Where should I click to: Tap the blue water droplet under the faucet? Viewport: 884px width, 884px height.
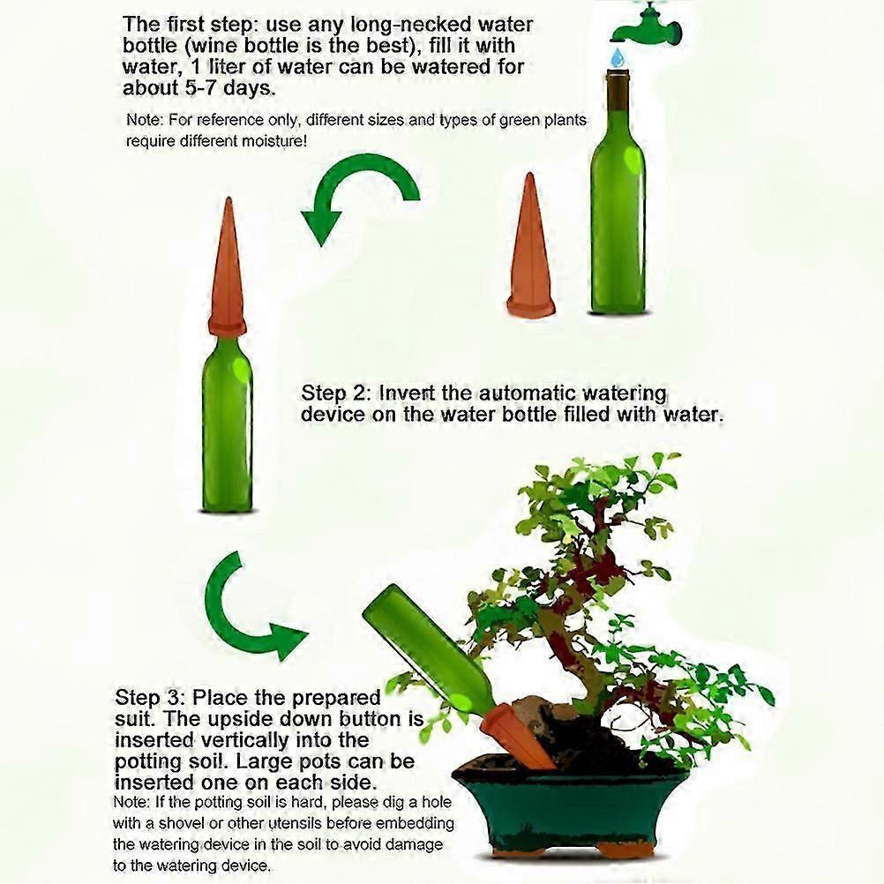pos(619,56)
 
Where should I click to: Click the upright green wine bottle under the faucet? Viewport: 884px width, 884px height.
pos(618,191)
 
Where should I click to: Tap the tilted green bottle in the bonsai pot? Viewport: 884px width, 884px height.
pos(429,654)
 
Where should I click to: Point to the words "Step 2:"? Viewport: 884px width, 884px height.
pos(336,393)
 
